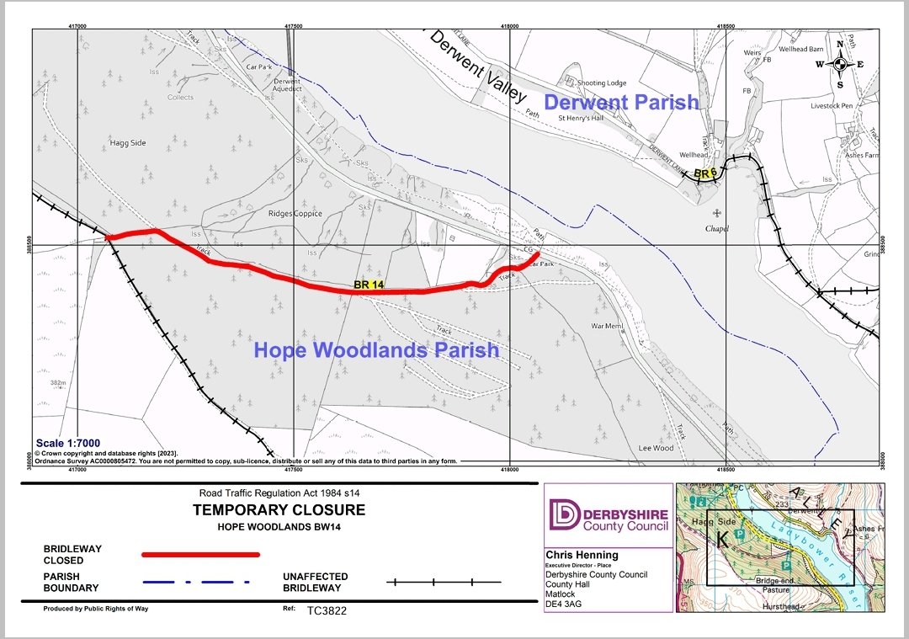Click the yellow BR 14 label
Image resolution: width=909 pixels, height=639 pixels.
point(369,285)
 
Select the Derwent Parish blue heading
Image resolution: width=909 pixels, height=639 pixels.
point(621,102)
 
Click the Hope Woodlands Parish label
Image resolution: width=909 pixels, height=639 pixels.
point(376,349)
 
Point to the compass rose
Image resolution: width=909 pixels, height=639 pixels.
point(839,64)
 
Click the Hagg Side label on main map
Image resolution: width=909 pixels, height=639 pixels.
point(128,143)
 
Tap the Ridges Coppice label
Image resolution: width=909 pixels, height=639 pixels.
point(295,214)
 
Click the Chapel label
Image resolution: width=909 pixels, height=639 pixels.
point(717,228)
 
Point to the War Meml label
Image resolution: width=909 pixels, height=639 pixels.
point(607,326)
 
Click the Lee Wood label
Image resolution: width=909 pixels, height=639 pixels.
point(656,448)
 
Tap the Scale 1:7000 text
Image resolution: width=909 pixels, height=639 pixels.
point(67,443)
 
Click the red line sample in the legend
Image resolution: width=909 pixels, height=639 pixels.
point(200,554)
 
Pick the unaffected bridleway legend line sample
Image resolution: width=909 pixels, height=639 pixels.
point(444,582)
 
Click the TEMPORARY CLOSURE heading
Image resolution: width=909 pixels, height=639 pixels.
point(279,510)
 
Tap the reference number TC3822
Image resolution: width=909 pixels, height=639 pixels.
point(327,610)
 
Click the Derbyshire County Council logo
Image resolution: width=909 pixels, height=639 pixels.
point(609,514)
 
